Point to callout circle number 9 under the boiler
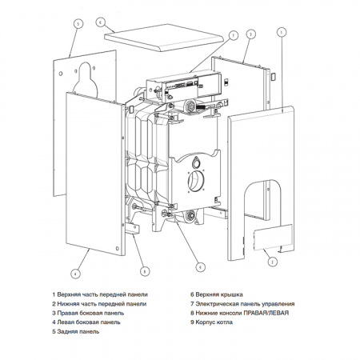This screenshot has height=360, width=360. click(200, 266)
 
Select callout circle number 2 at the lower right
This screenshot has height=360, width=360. click(272, 262)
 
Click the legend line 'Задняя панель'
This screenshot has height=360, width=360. click(75, 331)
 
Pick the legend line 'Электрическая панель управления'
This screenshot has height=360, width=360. click(246, 304)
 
